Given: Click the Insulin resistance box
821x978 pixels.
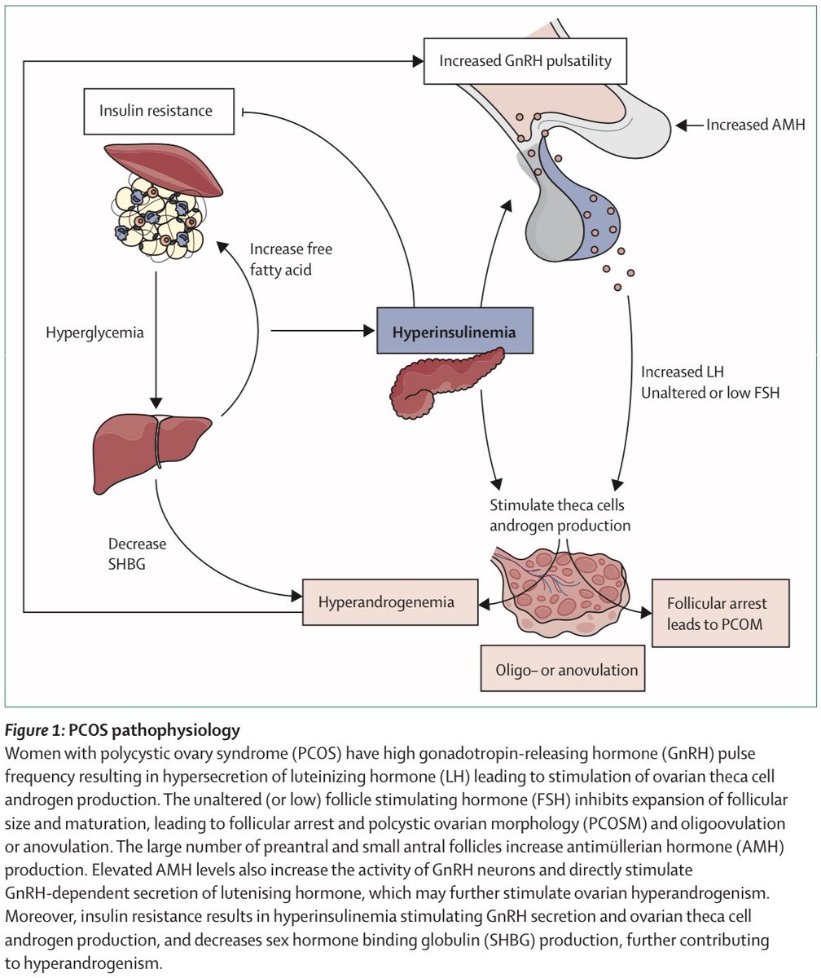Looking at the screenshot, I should (156, 110).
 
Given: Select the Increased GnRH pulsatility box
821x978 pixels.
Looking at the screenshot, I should (525, 61).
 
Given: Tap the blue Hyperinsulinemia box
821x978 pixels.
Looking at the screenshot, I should (454, 331).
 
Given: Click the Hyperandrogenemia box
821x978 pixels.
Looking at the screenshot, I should (389, 602).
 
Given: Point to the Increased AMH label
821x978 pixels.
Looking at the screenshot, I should (755, 125).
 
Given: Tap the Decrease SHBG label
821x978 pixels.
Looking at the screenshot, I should (137, 553).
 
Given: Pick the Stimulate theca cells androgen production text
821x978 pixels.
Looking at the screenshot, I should (560, 515).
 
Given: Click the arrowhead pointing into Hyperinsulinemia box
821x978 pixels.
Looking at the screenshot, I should (369, 331).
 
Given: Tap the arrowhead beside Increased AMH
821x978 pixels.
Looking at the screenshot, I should (684, 125).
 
